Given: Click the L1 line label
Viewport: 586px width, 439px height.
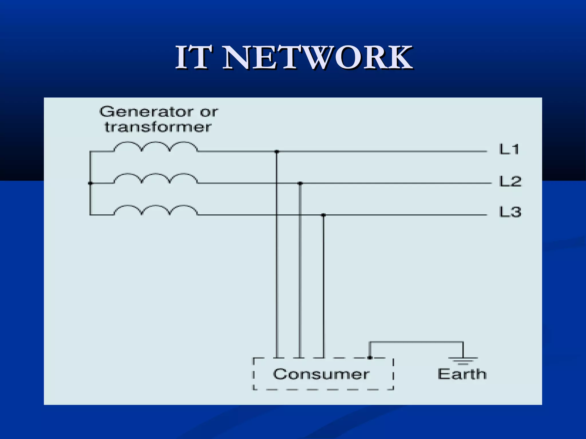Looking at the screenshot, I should click(509, 149).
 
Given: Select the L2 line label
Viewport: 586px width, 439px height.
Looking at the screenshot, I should click(510, 181).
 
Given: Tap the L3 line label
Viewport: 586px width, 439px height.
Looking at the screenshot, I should click(510, 212).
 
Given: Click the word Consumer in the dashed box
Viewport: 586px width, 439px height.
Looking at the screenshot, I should click(321, 374).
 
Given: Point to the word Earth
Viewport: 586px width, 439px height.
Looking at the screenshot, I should click(462, 374).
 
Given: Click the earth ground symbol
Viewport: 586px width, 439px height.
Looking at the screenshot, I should click(463, 361).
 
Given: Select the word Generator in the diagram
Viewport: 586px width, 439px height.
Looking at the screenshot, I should click(146, 111).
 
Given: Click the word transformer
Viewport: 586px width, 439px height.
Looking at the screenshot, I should click(158, 127).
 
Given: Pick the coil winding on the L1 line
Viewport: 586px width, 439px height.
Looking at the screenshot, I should click(156, 147).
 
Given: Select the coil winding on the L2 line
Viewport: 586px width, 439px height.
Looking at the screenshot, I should click(156, 178).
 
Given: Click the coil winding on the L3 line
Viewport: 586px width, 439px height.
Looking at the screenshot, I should click(156, 210).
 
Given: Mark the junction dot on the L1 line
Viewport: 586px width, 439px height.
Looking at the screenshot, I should click(277, 151).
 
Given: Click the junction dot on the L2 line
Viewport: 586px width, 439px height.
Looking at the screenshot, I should click(300, 183).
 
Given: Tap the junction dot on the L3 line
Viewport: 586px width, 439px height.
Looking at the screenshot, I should click(323, 215).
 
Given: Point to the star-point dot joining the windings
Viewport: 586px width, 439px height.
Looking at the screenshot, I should click(90, 183).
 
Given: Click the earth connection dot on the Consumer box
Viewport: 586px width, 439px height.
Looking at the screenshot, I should click(370, 358).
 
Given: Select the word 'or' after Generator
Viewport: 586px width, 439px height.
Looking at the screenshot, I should click(209, 112).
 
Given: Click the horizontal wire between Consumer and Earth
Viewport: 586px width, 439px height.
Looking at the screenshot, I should click(416, 342).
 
